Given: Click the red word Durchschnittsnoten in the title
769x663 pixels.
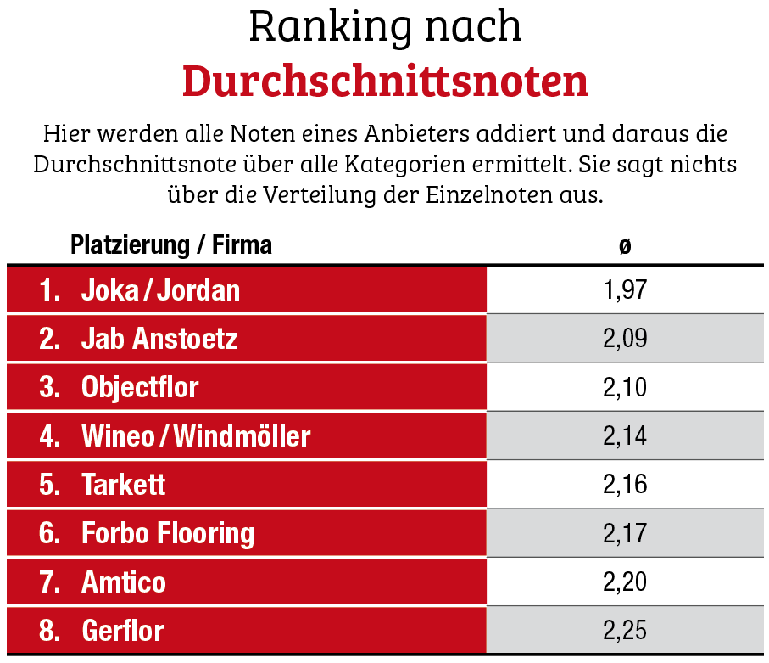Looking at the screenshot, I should pyautogui.click(x=385, y=81).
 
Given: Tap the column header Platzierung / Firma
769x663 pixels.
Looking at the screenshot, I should pyautogui.click(x=171, y=246).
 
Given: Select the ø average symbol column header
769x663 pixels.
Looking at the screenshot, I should pyautogui.click(x=625, y=246).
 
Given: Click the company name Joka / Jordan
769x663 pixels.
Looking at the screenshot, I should pyautogui.click(x=160, y=290).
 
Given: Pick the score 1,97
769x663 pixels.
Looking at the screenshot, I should pyautogui.click(x=625, y=290).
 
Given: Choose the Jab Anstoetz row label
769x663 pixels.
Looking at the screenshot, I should pyautogui.click(x=159, y=339).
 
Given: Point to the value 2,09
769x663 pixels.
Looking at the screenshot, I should pyautogui.click(x=625, y=339).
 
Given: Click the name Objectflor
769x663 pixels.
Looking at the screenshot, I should pyautogui.click(x=140, y=387).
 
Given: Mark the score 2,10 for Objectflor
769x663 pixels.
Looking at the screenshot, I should pyautogui.click(x=625, y=387).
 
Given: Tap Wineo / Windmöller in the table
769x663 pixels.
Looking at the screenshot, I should pyautogui.click(x=196, y=436).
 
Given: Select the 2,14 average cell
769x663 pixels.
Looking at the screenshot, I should pyautogui.click(x=625, y=436).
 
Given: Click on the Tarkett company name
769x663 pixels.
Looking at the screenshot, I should pyautogui.click(x=124, y=485).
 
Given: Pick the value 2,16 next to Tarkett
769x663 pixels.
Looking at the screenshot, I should pyautogui.click(x=625, y=485).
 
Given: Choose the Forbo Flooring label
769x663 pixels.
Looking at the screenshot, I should pyautogui.click(x=168, y=533).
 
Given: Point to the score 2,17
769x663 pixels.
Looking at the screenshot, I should pyautogui.click(x=625, y=533).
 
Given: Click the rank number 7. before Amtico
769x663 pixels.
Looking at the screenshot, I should pyautogui.click(x=50, y=582).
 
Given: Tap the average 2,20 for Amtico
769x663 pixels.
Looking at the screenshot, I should pyautogui.click(x=625, y=582).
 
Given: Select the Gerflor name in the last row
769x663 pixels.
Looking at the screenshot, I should pyautogui.click(x=123, y=631).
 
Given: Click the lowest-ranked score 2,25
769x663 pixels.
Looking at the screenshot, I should pyautogui.click(x=625, y=631).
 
